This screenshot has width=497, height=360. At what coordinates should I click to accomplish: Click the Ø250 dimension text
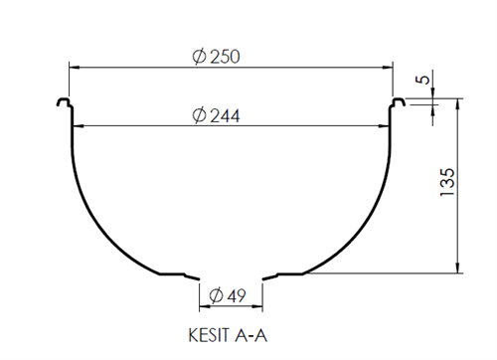click(215, 57)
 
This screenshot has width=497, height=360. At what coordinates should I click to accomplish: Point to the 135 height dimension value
click(446, 185)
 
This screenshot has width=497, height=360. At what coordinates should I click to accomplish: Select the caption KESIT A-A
click(227, 335)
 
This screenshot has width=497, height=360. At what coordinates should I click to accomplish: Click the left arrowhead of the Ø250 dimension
click(73, 68)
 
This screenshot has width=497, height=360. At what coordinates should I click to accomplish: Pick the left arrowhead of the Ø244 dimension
click(80, 126)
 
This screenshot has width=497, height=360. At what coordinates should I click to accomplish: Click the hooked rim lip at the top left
click(64, 101)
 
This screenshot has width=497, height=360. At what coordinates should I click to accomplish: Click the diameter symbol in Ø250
click(198, 57)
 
